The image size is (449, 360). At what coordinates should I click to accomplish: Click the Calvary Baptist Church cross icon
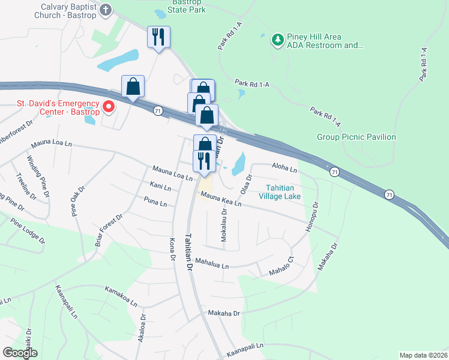click(106, 10)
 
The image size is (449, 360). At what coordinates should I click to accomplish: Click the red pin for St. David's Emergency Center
click(109, 107)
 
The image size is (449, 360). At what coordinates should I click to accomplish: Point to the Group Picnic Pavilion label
click(356, 137)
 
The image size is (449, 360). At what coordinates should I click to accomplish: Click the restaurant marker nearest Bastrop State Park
click(159, 37)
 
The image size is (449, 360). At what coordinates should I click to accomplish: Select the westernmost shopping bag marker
click(133, 86)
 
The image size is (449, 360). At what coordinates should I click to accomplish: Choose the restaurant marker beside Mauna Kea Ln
click(204, 161)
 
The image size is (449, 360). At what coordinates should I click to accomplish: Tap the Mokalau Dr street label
click(224, 225)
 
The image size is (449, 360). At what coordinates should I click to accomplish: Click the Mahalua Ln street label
click(210, 265)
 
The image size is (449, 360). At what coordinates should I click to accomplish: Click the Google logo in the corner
click(20, 352)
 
